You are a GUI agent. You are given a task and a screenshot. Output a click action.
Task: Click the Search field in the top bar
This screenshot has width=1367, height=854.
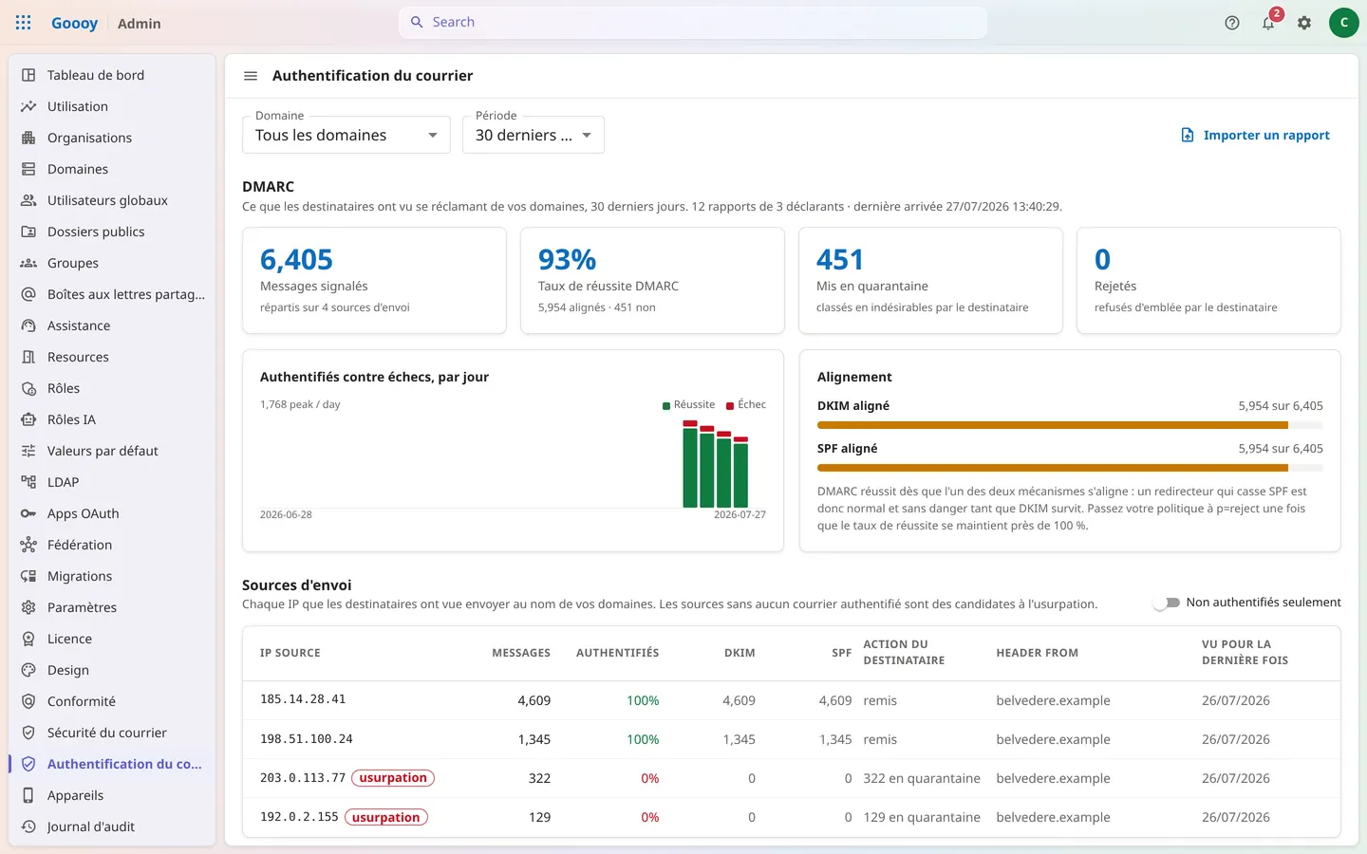[693, 23]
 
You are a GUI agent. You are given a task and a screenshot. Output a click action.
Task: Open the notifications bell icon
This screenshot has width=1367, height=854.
[1268, 23]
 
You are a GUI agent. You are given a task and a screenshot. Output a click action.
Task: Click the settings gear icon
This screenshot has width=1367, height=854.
[1304, 23]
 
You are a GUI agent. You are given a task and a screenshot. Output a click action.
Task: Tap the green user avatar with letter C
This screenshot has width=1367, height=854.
[1343, 23]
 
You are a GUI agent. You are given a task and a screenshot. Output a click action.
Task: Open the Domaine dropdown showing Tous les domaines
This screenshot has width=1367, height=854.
[346, 135]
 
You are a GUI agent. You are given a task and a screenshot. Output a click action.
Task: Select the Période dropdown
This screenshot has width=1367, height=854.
[533, 135]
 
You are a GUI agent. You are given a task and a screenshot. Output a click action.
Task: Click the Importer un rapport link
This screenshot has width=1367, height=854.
[1255, 135]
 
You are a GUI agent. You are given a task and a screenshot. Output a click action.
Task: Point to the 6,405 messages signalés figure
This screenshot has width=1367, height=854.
[296, 259]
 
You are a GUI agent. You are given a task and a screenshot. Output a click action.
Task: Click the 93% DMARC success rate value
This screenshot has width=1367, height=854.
[567, 259]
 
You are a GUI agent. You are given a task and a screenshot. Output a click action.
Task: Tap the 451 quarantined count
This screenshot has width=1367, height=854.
[840, 259]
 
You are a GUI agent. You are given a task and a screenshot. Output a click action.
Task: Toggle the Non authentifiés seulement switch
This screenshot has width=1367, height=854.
[1166, 603]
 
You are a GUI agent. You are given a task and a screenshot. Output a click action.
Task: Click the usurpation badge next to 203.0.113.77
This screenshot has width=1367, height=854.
[393, 778]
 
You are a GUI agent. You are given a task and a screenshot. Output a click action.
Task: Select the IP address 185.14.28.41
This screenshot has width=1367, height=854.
[303, 699]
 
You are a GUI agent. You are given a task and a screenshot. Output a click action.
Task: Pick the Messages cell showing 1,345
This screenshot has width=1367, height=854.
[534, 739]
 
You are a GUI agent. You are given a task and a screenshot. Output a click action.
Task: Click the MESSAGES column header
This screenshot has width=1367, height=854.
[521, 653]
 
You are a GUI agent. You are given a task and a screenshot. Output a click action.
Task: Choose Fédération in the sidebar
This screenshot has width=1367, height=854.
[80, 545]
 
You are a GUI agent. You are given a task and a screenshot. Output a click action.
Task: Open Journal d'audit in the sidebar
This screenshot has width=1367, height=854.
[90, 826]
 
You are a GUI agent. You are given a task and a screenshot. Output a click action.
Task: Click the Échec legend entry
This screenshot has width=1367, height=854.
[746, 404]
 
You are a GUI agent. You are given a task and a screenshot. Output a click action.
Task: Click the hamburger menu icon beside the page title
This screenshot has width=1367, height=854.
[251, 76]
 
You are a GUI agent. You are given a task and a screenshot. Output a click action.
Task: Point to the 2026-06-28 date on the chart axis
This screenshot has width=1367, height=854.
[286, 514]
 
